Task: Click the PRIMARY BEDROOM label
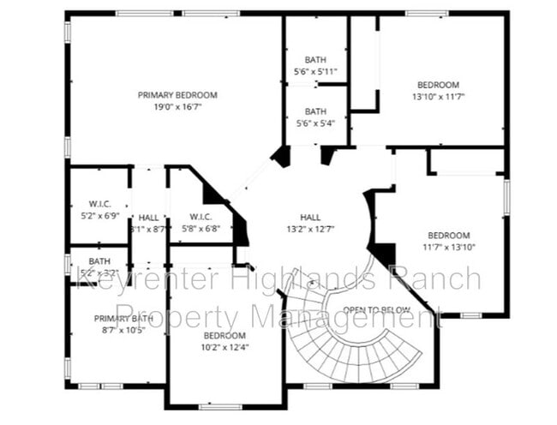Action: [x=177, y=94]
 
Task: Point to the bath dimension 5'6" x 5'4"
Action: [x=315, y=123]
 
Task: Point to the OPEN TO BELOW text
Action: [x=376, y=309]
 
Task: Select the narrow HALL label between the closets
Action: [x=148, y=218]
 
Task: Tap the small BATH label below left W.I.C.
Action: [x=99, y=261]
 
